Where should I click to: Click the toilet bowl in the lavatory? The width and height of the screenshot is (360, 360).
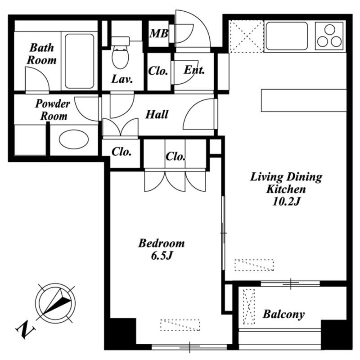pos(120,57)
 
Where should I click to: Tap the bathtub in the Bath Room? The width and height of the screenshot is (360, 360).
pos(80,61)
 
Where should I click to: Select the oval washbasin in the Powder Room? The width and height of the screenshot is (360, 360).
pos(74,139)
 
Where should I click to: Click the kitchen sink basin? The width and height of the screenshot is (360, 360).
pos(286,36)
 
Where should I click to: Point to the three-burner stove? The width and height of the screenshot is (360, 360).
pos(329,36)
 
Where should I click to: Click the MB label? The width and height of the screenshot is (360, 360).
pos(159,33)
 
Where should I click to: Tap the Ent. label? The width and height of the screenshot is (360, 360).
pos(194,70)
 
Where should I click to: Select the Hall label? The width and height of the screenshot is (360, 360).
pos(157,114)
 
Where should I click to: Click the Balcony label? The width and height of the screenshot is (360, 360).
pos(284,314)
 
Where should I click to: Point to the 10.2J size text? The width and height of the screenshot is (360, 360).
pos(286,202)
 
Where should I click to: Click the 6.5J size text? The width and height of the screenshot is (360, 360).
pos(162,256)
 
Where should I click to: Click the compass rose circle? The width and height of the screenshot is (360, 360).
pos(55,302)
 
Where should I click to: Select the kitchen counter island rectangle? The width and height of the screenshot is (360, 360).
pos(304,100)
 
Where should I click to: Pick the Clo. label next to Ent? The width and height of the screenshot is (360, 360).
pos(158,71)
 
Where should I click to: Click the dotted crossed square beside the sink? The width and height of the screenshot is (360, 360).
pos(246,36)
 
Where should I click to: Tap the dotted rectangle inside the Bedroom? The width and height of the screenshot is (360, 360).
pos(180,325)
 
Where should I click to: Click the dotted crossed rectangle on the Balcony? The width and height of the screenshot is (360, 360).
pos(249,306)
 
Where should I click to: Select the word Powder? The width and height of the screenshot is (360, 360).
pos(53,104)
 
